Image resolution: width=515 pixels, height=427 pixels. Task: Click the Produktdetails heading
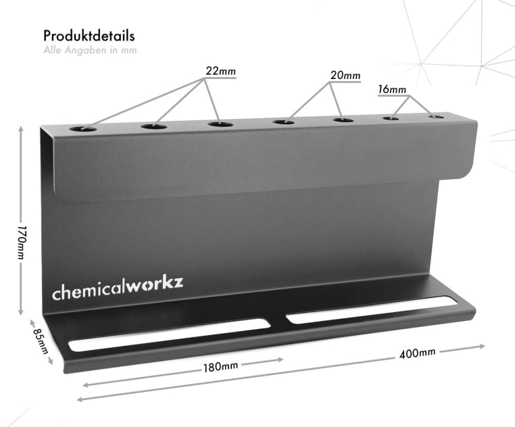89,36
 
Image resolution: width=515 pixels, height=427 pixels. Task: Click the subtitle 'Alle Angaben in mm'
90,50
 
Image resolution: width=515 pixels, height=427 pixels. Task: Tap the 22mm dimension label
221,71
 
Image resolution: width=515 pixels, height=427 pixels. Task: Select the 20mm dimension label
345,76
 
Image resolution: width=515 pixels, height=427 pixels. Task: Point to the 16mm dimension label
392,89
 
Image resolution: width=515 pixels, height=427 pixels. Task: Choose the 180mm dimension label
220,367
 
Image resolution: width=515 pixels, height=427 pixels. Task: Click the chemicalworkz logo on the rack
118,288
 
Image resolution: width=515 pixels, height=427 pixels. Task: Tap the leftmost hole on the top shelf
84,128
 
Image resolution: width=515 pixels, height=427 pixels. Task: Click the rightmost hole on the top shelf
437,117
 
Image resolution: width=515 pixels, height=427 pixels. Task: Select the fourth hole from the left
284,122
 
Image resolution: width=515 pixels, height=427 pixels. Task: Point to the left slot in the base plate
169,334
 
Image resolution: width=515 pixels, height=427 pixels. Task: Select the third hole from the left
220,124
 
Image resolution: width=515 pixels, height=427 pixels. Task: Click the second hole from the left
154,126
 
